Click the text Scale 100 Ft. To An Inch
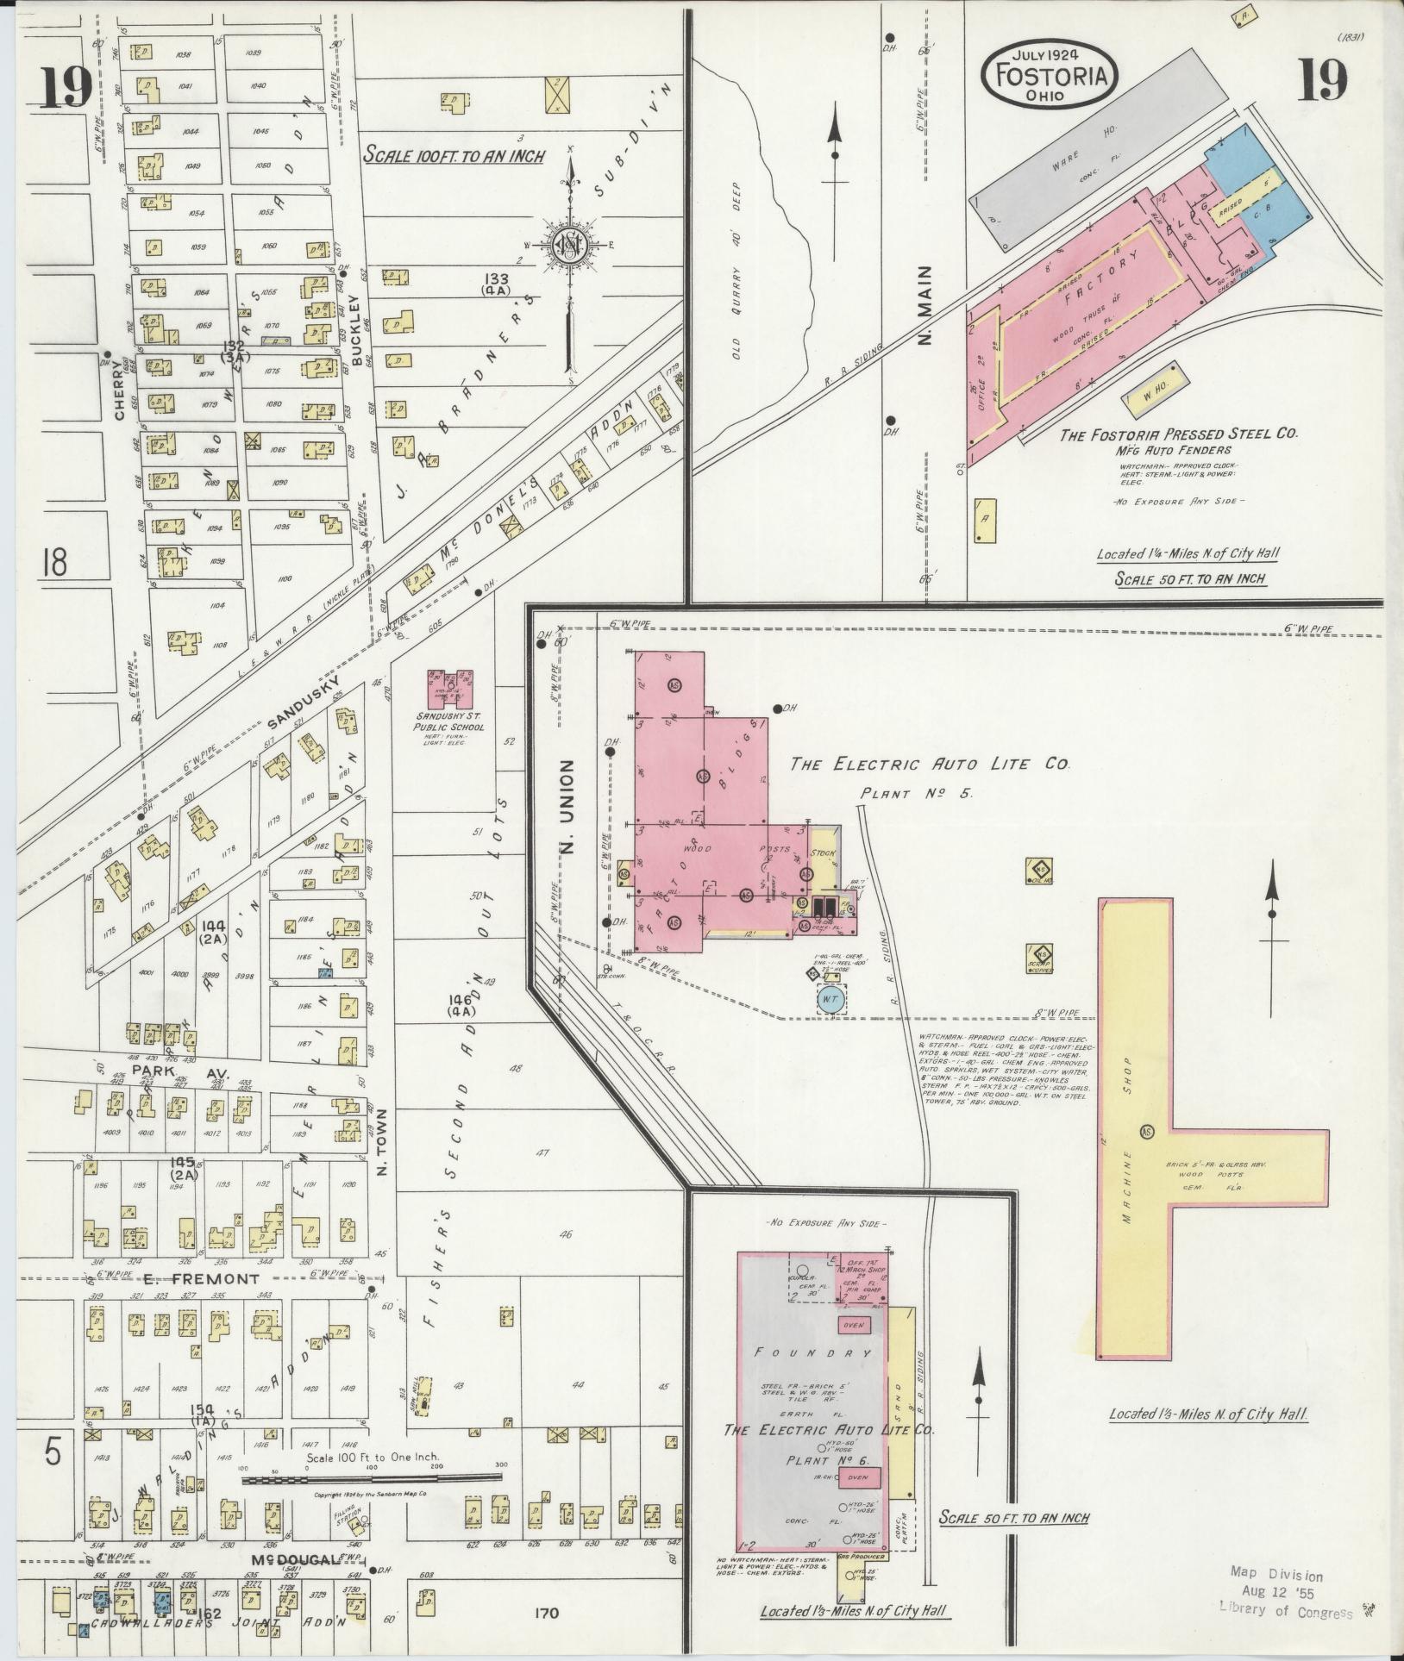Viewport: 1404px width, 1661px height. click(454, 156)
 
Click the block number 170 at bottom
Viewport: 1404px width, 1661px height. click(547, 1612)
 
